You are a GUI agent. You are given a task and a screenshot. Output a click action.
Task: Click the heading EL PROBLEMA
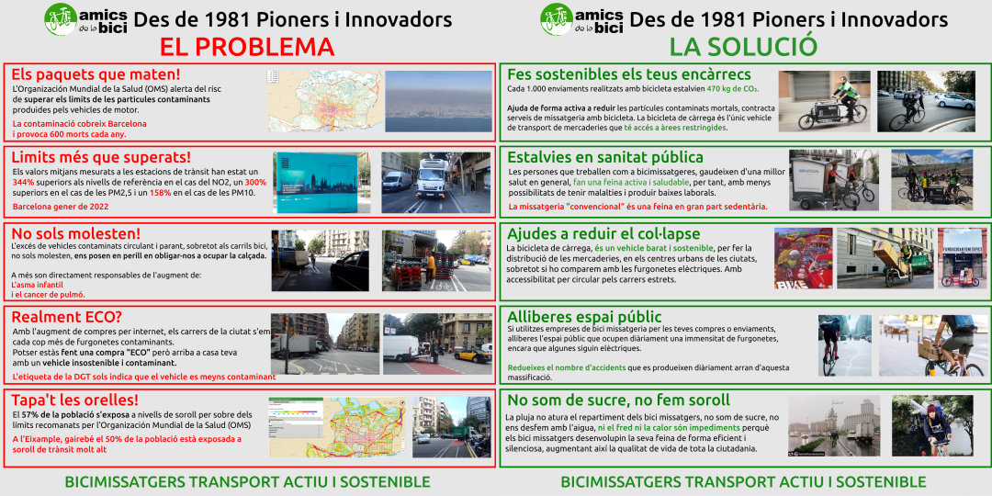[x=247, y=47]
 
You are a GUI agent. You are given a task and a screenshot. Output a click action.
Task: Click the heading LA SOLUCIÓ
[x=743, y=47]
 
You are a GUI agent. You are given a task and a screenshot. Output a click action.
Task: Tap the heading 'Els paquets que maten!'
[x=96, y=74]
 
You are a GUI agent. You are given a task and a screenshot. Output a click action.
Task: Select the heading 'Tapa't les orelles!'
[x=74, y=400]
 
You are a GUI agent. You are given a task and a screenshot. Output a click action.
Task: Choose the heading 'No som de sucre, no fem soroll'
[x=618, y=400]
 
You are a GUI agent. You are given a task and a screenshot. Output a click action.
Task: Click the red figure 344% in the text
[x=24, y=182]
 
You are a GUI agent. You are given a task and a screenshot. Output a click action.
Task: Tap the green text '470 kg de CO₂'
[x=732, y=89]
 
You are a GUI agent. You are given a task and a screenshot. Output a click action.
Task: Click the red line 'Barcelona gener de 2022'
[x=62, y=207]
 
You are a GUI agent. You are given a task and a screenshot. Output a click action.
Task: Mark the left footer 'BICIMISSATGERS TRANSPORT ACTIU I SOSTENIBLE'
[x=247, y=481]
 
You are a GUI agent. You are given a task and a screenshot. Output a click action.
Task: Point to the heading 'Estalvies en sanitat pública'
[x=605, y=157]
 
